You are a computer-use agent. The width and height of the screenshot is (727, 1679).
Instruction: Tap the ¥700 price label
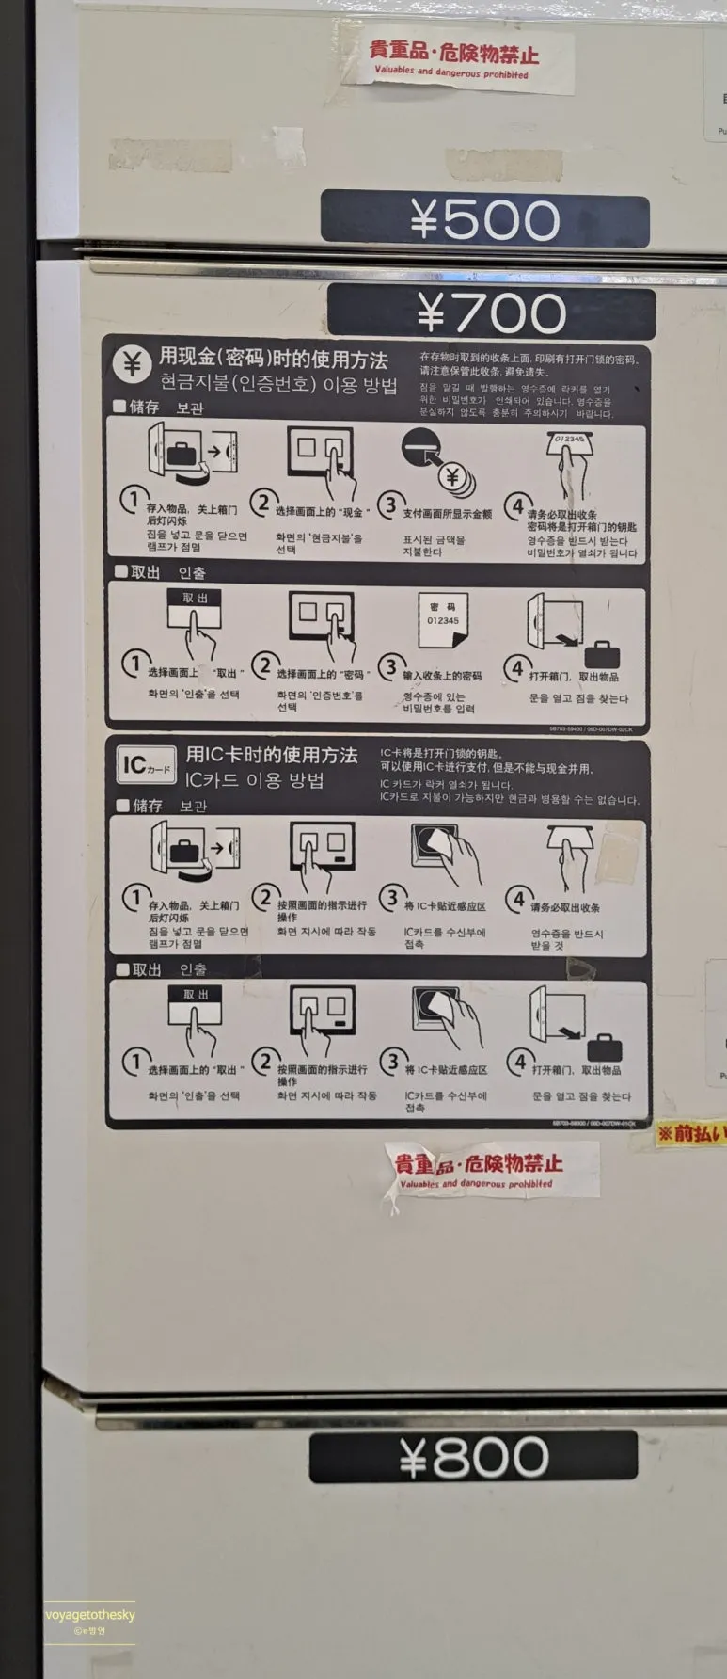click(491, 313)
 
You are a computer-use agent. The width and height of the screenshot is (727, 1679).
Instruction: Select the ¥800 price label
click(473, 1457)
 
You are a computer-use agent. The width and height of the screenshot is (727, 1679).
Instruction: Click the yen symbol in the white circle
click(132, 364)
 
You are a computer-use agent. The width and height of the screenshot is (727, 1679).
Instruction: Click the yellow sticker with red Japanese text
click(691, 1133)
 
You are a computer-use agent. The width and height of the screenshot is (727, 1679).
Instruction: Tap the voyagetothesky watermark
click(90, 1615)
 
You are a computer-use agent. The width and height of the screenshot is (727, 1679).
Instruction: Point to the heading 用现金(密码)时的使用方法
click(273, 359)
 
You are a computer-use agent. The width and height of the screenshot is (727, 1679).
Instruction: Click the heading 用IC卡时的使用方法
click(271, 755)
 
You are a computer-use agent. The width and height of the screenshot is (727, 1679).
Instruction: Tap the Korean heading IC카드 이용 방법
click(254, 780)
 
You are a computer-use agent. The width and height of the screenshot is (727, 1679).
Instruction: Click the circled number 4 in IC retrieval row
click(518, 1063)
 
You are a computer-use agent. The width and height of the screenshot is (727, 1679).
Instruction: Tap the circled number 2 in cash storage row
click(264, 503)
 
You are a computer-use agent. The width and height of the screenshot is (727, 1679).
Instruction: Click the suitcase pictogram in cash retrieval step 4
click(602, 654)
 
